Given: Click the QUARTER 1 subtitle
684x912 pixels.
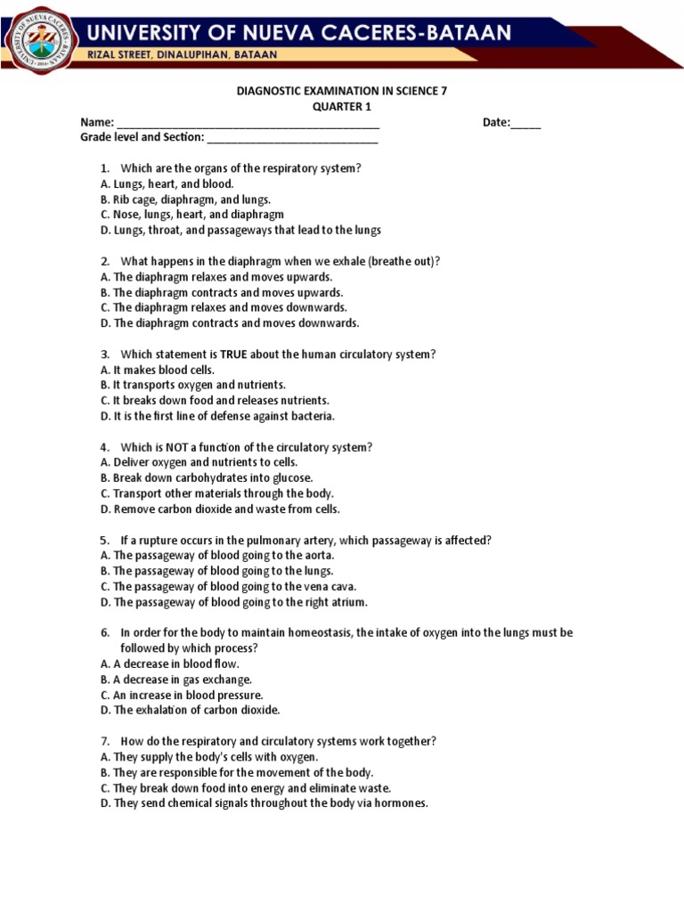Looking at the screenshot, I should (x=341, y=107).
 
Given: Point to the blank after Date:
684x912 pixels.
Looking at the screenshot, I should (x=525, y=123).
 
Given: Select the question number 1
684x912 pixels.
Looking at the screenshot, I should (x=104, y=168).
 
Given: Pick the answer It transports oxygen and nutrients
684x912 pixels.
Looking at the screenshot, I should (x=193, y=385).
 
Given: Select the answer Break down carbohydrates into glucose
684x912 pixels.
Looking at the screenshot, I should (x=207, y=478).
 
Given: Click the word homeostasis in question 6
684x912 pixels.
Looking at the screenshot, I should (x=314, y=633).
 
